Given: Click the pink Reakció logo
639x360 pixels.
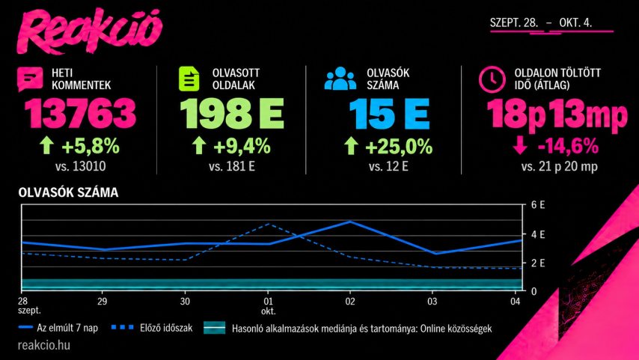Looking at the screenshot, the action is point(90,31).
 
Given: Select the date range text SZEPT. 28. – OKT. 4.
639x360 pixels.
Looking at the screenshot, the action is point(541,22).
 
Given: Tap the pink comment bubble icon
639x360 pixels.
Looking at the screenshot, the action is point(30,79).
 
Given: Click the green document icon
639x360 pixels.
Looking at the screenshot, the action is point(189,79).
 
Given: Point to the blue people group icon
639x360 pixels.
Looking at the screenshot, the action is point(340,79).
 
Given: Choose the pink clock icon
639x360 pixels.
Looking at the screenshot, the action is point(492,79).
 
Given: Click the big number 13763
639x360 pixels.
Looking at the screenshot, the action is point(80,113).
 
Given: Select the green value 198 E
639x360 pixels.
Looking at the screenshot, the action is point(231,113).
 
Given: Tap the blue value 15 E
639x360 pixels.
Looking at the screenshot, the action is point(389,113).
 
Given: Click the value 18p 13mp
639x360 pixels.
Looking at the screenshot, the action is point(557,115).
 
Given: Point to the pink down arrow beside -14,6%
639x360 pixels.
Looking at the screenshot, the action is point(520,145).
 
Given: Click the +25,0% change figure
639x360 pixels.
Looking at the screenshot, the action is point(399,147).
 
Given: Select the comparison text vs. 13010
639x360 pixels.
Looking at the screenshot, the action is point(80,166).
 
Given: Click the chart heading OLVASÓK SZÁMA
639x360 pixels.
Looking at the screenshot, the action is point(69,192).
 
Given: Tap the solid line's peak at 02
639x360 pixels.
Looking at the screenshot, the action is point(350,222).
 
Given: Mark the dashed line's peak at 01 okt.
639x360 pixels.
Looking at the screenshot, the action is point(268,224).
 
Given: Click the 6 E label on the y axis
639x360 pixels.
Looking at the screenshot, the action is point(538,204).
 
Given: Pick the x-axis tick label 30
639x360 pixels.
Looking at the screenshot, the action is point(185,302).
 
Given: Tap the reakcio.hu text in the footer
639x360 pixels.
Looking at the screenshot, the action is point(44,345).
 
